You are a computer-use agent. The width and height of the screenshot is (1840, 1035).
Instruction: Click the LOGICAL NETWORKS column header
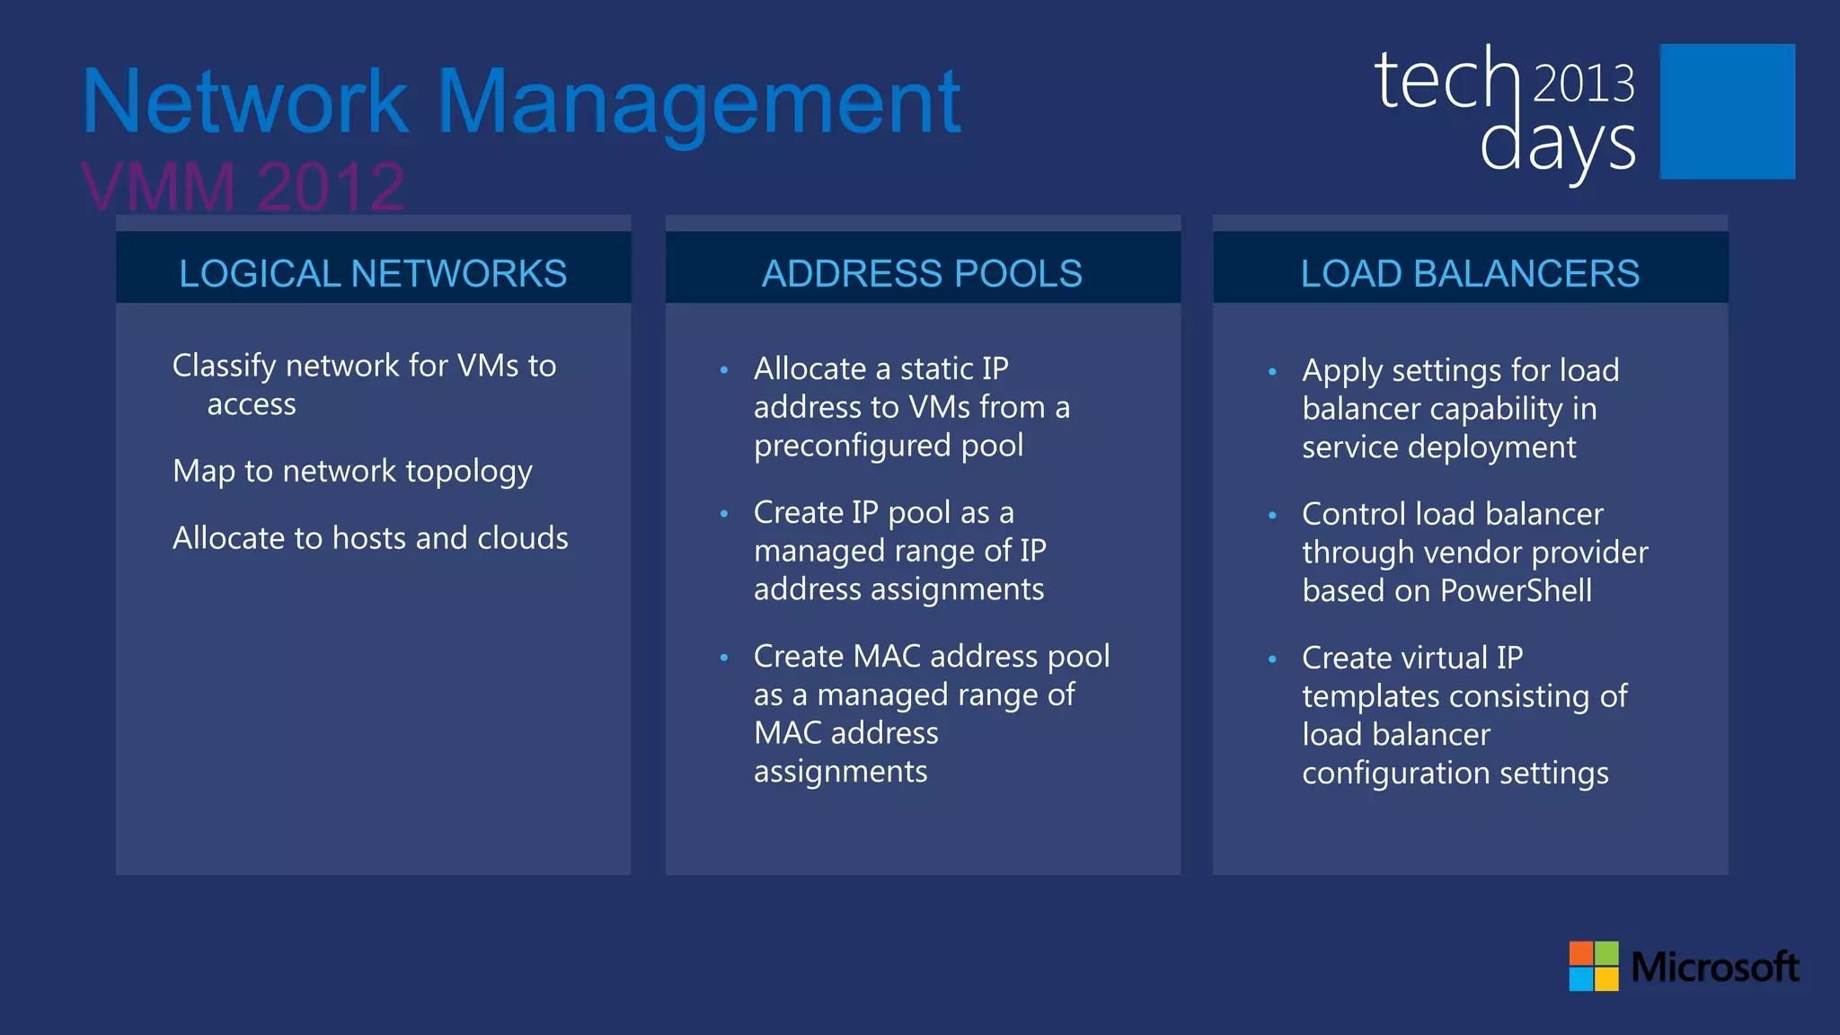[373, 273]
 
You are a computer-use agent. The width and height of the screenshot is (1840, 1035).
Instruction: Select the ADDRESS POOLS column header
[922, 273]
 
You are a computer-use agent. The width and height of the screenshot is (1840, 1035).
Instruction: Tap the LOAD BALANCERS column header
[1470, 273]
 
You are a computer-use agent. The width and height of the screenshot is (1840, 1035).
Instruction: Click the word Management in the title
[699, 103]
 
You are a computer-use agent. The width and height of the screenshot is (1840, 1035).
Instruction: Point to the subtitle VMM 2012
[243, 187]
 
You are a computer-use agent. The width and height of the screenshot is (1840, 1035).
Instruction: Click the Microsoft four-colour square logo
[1593, 966]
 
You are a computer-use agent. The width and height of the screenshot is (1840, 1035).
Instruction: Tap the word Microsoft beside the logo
[1714, 967]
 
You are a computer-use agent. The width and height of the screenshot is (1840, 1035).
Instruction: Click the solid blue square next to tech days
[1727, 111]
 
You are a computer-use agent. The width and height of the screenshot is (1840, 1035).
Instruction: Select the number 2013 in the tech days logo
[1583, 84]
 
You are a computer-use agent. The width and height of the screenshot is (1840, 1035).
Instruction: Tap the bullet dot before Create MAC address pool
[724, 658]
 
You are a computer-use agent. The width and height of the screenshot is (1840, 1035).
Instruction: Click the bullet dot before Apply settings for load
[1272, 371]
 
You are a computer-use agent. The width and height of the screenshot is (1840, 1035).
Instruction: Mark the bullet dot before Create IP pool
[724, 514]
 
